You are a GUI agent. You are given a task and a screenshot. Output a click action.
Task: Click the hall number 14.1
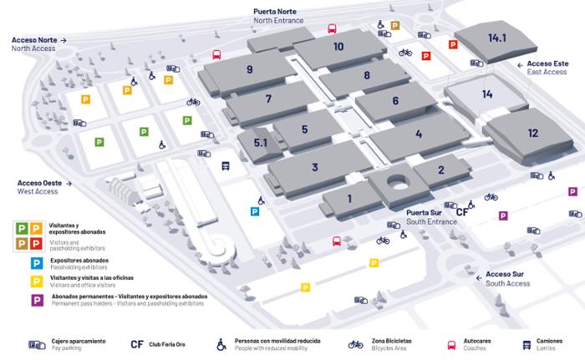click(x=498, y=38)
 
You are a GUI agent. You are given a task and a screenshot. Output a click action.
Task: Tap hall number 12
click(x=532, y=132)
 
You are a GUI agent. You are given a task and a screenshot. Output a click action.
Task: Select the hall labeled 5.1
click(x=260, y=143)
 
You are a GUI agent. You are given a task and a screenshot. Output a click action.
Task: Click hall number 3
click(x=314, y=167)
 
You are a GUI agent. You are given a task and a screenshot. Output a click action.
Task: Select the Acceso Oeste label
click(x=38, y=182)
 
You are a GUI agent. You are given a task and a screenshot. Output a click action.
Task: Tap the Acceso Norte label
click(x=35, y=39)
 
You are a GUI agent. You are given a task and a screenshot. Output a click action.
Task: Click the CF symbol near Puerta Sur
click(x=462, y=212)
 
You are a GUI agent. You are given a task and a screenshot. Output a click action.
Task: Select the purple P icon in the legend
click(x=37, y=299)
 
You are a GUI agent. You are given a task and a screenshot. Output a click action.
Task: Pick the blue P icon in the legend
click(x=37, y=263)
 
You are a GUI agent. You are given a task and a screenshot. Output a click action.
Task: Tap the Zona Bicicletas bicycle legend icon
click(x=355, y=343)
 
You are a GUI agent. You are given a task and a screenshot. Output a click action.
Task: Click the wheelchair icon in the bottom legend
click(x=221, y=343)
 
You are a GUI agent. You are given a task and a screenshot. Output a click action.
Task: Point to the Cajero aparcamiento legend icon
click(x=37, y=343)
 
